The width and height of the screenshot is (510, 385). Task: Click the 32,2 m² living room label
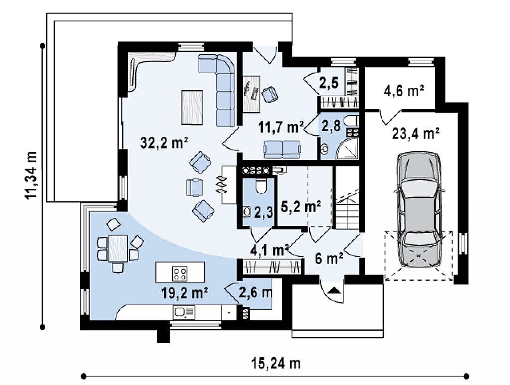(x=164, y=143)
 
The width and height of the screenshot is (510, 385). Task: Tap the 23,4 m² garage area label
(x=416, y=133)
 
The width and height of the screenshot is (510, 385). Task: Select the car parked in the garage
(x=419, y=209)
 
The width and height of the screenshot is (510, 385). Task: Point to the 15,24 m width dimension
(x=276, y=363)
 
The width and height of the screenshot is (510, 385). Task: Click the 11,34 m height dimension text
(x=32, y=175)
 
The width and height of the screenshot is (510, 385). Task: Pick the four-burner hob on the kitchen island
(x=180, y=273)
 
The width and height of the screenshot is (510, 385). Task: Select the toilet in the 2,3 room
(x=260, y=185)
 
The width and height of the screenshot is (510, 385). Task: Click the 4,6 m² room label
(x=404, y=91)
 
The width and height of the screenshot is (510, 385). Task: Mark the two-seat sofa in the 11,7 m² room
(x=282, y=149)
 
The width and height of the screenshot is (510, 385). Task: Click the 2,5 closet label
(x=329, y=83)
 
